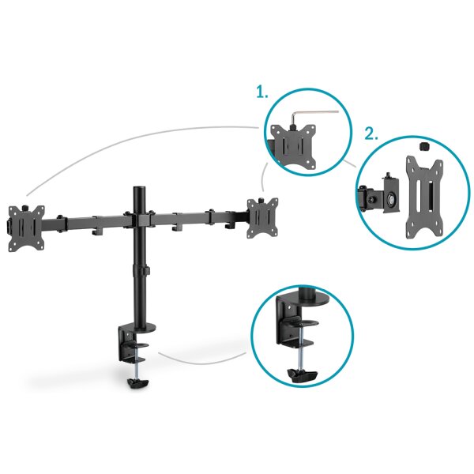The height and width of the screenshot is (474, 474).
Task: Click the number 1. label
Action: click(x=261, y=92)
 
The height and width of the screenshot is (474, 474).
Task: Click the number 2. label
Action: click(x=371, y=133)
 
